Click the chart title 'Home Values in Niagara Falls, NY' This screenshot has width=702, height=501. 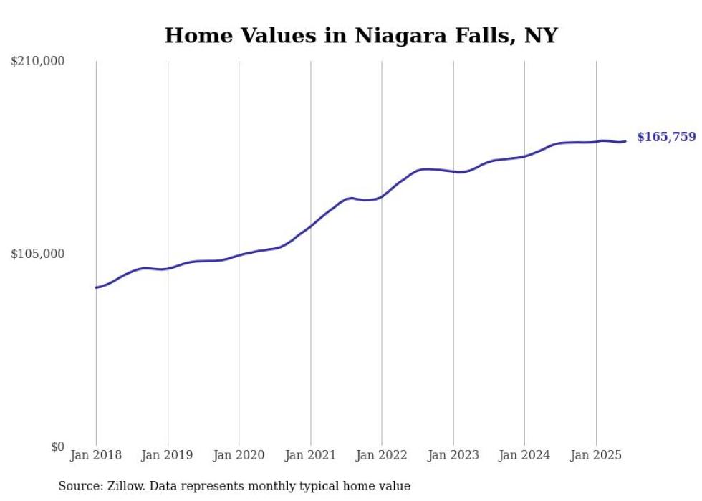360,35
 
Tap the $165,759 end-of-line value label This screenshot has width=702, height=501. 665,137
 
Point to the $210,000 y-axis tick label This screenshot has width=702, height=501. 38,62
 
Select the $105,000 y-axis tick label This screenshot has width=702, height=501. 38,254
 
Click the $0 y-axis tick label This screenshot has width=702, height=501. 57,447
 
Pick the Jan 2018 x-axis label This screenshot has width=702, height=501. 96,455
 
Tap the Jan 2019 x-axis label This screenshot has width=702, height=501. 167,455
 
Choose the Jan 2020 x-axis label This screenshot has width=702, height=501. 239,455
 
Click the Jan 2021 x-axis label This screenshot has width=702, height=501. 310,455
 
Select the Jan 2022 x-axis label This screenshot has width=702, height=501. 381,455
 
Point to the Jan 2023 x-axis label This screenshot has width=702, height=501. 453,455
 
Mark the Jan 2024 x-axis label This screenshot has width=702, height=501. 524,455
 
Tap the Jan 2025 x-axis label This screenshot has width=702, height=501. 595,455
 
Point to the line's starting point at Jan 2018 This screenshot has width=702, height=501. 96,287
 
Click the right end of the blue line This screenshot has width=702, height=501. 625,141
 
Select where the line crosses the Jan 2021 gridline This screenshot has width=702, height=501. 310,226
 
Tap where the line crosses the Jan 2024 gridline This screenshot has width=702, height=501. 524,156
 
